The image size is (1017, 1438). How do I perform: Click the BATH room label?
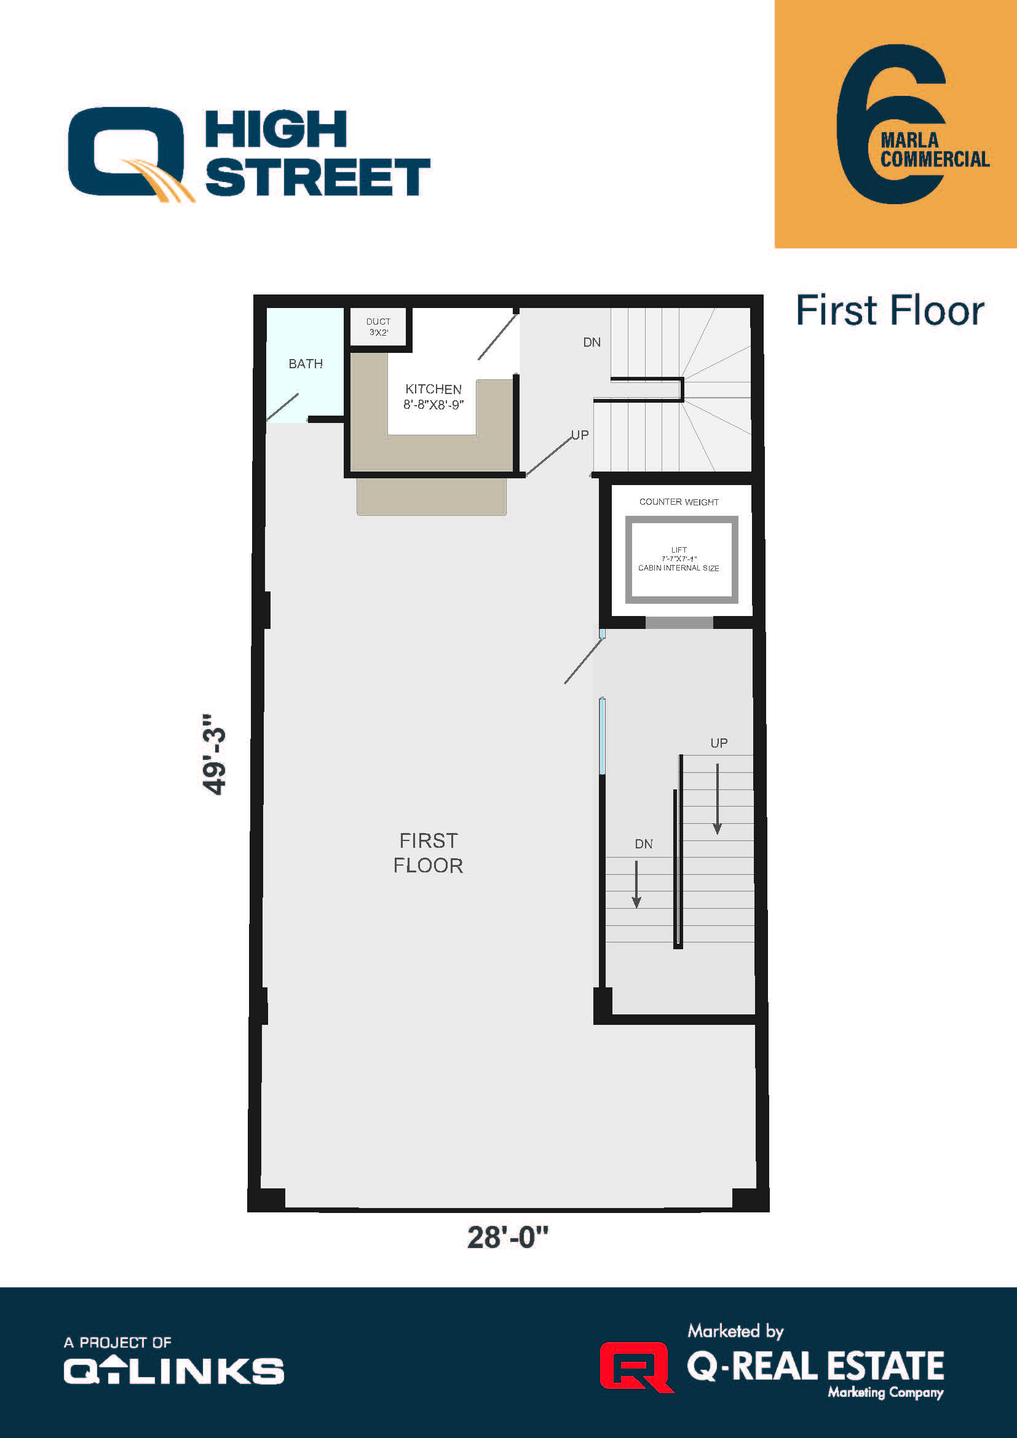306,364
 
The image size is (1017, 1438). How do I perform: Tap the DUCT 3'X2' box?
378,326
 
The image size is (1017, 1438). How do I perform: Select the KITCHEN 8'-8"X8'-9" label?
433,397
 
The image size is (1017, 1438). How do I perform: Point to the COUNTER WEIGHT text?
679,502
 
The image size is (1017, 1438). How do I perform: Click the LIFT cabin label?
679,559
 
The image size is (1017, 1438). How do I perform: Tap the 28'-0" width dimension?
507,1238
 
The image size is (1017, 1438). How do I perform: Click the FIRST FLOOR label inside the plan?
429,853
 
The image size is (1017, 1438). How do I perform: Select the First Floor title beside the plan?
890,310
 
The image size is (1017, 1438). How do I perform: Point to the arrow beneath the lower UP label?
717,799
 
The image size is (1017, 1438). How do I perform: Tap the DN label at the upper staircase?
592,342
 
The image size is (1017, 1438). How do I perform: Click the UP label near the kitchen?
580,435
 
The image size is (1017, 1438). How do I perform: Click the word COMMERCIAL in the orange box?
935,160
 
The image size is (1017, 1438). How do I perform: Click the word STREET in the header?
318,177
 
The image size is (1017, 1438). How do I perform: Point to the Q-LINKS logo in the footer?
174,1371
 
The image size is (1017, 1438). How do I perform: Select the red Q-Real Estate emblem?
635,1367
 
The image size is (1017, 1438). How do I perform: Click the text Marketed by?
735,1331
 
